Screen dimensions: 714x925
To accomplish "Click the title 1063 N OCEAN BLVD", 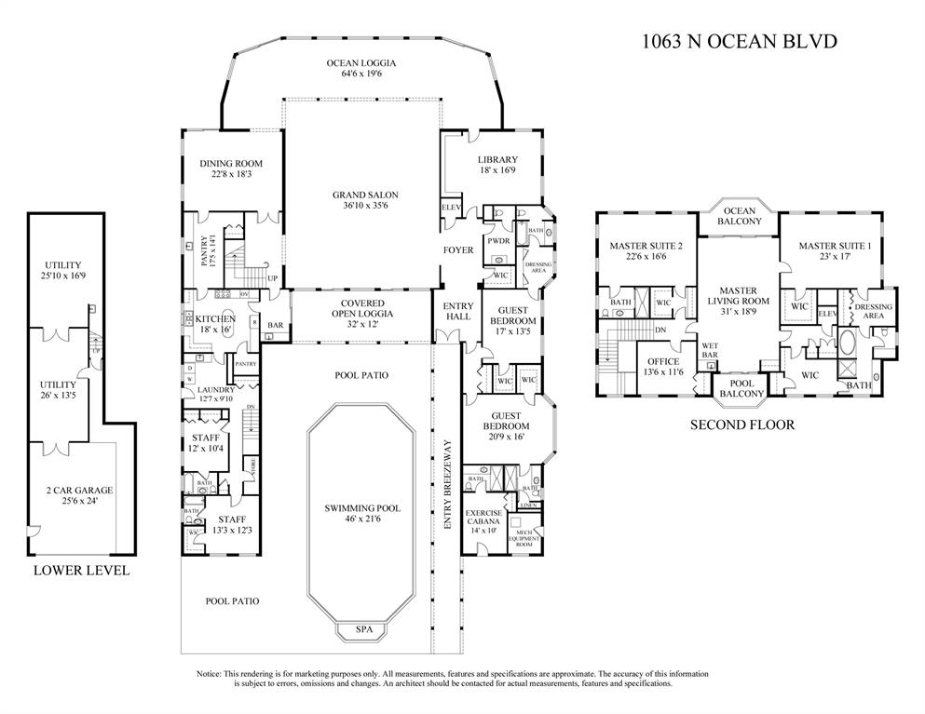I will point(741,41).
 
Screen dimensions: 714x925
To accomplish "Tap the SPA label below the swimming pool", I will point(364,630).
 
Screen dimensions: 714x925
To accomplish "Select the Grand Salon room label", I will point(365,195).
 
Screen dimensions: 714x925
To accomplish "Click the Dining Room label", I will point(228,164).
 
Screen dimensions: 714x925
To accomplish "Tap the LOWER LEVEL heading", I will point(81,571).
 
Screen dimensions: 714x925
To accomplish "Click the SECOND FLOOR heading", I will point(741,425).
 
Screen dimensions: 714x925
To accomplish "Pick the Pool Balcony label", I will point(741,388).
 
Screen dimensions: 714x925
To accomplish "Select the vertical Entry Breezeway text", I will point(447,498).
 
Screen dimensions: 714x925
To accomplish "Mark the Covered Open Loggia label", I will point(366,308).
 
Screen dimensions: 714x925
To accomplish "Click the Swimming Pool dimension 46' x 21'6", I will point(362,520).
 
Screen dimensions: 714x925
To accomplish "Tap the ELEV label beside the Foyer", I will point(451,207).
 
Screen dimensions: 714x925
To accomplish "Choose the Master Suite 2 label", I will point(641,247).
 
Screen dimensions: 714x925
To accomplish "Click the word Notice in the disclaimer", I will point(210,673).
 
